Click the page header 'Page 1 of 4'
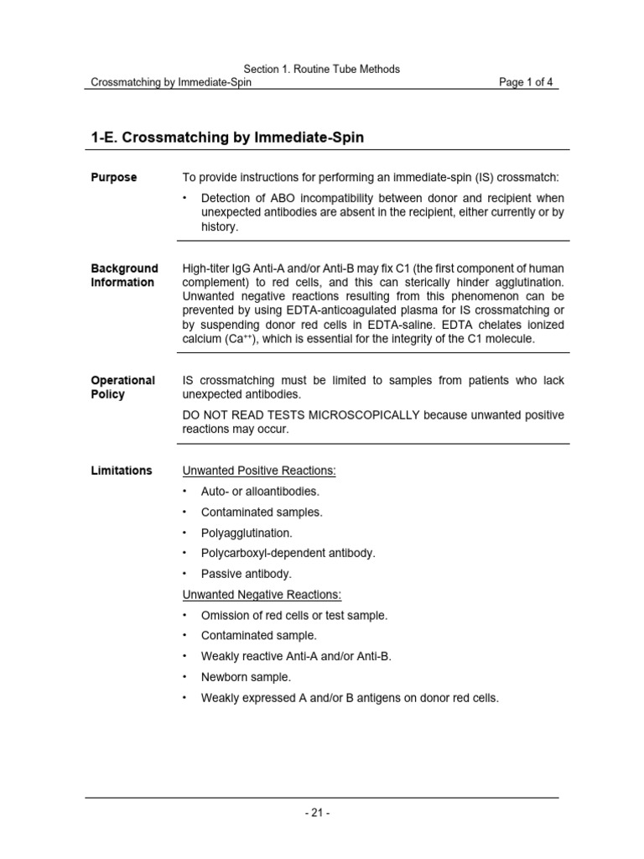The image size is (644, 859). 526,82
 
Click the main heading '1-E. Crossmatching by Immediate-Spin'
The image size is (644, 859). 226,138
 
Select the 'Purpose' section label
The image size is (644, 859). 114,178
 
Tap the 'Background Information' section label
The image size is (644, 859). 124,275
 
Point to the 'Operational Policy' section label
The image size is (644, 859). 122,388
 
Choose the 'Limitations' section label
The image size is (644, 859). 122,471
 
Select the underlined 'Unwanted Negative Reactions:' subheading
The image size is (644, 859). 262,595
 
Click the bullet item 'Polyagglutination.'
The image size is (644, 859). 247,533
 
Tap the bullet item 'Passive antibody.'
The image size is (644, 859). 247,574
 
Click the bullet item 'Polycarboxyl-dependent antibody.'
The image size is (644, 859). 288,553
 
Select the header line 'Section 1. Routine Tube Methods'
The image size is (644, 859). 322,69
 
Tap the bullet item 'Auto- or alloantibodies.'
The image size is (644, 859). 260,492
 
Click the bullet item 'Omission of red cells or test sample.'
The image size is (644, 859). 294,615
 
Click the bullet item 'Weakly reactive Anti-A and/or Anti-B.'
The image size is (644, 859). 296,656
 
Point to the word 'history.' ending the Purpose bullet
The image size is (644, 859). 220,226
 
